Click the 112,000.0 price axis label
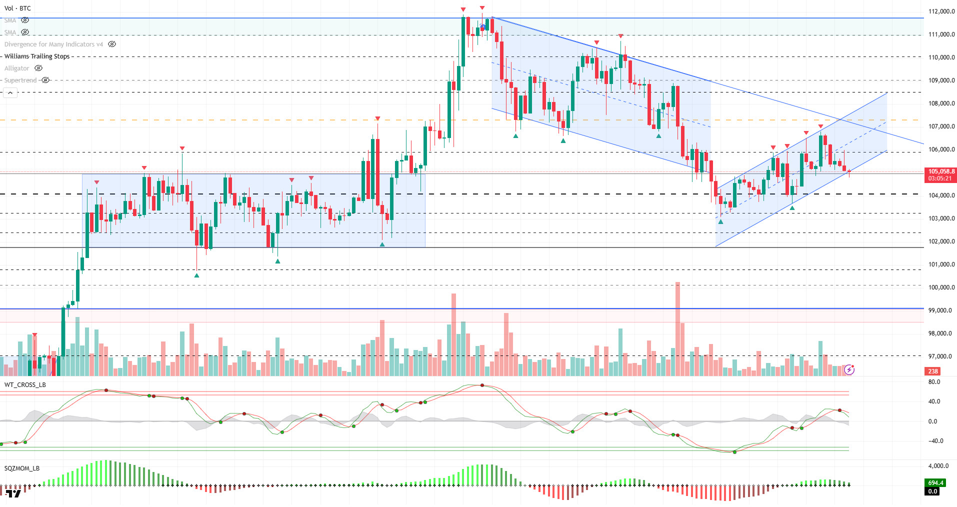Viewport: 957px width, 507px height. (x=941, y=11)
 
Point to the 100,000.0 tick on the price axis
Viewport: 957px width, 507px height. (x=941, y=287)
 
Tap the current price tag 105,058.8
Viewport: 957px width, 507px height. (x=941, y=171)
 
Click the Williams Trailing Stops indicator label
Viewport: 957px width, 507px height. (x=37, y=56)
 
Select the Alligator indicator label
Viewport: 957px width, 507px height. (x=16, y=68)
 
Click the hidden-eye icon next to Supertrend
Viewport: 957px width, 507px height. (x=45, y=80)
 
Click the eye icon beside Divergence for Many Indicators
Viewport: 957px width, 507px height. (x=112, y=44)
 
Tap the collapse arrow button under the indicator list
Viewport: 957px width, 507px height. (x=10, y=93)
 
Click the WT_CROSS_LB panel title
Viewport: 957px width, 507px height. (x=25, y=385)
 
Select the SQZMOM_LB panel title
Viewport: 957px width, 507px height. (x=22, y=468)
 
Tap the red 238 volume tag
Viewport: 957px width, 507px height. (x=933, y=371)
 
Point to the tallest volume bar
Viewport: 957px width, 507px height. (x=677, y=330)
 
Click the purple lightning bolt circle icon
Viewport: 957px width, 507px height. (x=849, y=370)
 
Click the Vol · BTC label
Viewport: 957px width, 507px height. (x=17, y=8)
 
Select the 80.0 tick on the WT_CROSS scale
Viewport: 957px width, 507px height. (x=934, y=382)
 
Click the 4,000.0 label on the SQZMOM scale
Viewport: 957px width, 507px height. (x=938, y=466)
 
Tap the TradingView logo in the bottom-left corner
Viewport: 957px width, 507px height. (x=13, y=494)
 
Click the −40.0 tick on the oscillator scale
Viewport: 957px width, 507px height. (x=935, y=441)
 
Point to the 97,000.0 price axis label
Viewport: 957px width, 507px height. (x=941, y=356)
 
